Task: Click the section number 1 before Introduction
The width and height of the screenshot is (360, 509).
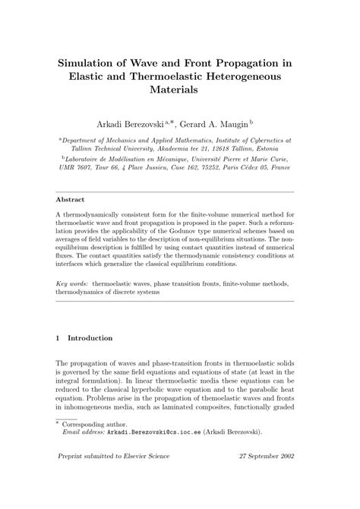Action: point(59,337)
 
